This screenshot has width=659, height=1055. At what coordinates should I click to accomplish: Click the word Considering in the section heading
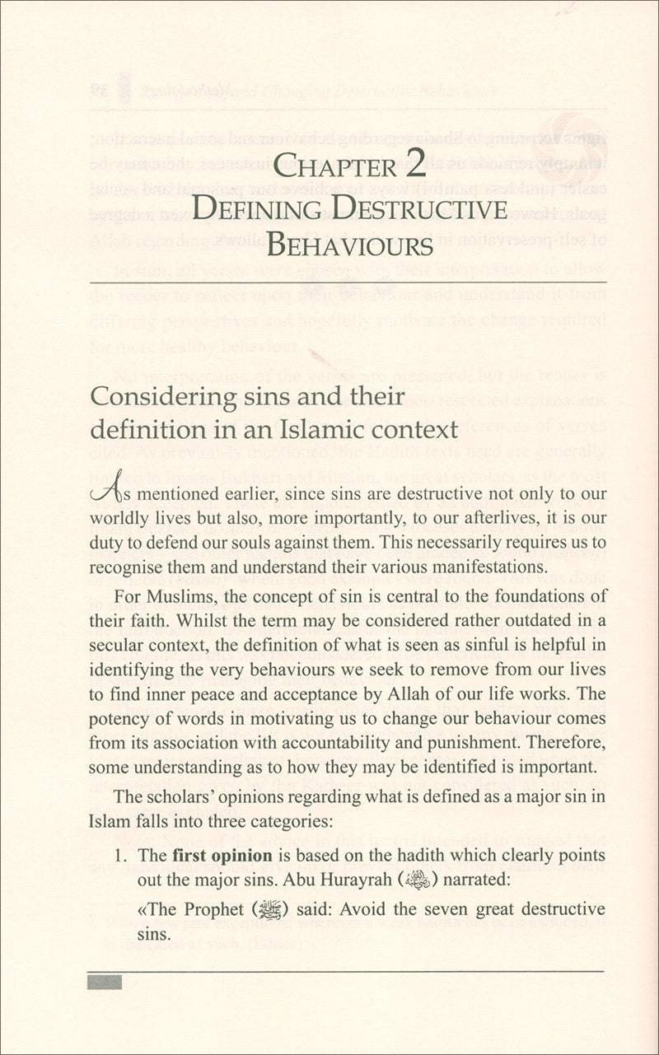pyautogui.click(x=163, y=396)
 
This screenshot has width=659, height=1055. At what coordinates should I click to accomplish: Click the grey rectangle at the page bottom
pyautogui.click(x=104, y=982)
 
